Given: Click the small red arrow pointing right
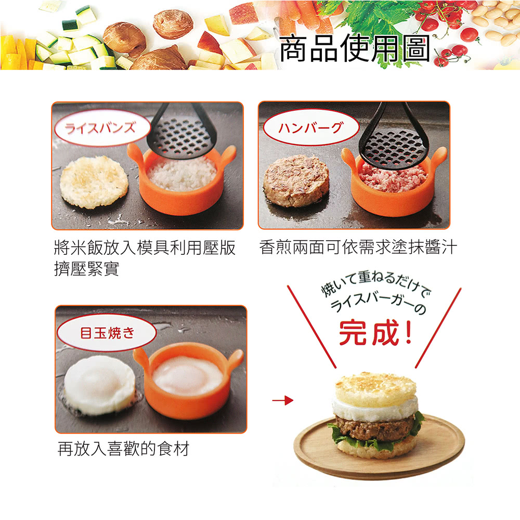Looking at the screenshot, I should point(282,400).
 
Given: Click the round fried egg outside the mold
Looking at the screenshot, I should point(99,384).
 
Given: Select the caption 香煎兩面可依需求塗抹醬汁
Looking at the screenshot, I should point(358,248).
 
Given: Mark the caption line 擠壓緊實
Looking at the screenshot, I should point(86,269).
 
